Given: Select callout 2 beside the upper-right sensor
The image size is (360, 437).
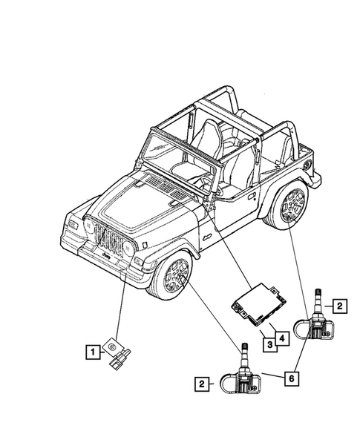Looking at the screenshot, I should [338, 304].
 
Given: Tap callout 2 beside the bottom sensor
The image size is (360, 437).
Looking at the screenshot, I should [201, 384].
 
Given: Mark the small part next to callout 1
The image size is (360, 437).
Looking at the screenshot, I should [117, 352].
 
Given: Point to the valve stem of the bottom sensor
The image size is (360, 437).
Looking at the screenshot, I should [244, 354].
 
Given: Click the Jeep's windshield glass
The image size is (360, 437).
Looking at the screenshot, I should [179, 160].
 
